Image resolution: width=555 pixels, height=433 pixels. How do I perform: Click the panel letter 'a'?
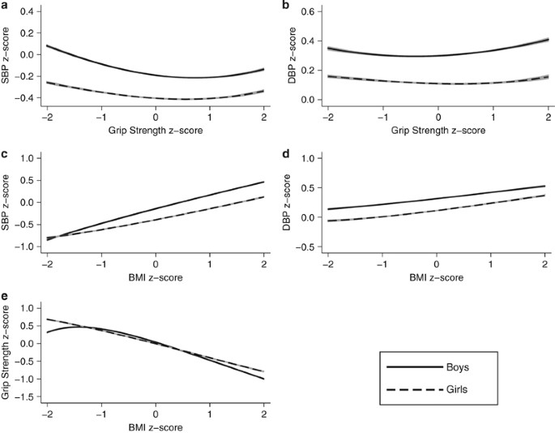6,6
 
